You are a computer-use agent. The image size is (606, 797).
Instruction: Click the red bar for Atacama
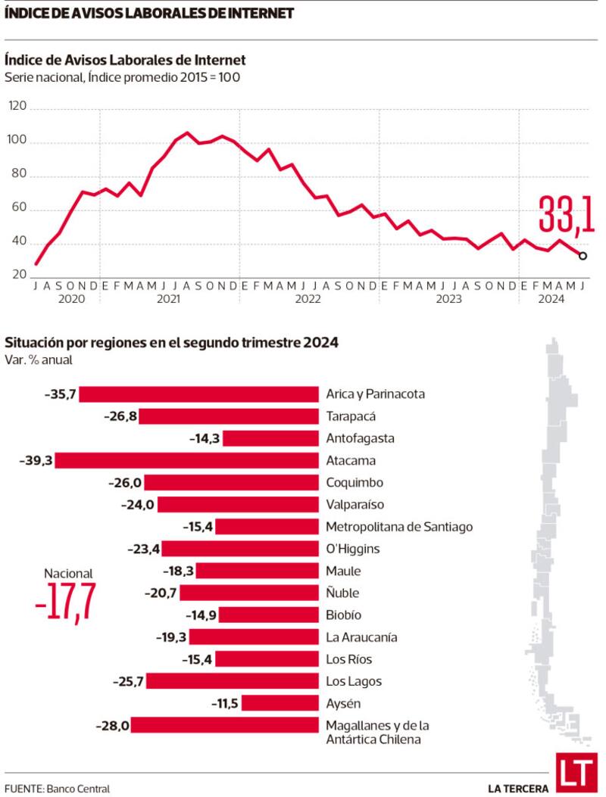click(186, 460)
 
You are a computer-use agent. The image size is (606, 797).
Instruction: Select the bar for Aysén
click(280, 703)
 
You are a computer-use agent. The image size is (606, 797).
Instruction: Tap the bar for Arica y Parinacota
click(198, 394)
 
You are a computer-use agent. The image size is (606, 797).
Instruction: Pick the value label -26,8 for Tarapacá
click(121, 416)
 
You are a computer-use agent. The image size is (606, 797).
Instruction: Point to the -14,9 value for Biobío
click(201, 615)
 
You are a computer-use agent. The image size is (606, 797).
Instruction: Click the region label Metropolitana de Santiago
click(399, 527)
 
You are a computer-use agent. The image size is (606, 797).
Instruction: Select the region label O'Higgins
click(353, 549)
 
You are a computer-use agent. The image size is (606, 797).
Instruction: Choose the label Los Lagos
click(354, 681)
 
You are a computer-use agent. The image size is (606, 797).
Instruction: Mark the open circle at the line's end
click(583, 256)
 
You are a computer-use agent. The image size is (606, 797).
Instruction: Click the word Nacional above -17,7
click(67, 574)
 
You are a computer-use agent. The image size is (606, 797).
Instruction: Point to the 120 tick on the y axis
click(17, 109)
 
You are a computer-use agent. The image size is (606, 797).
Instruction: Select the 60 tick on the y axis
click(17, 210)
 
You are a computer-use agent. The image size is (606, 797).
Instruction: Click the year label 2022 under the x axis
click(308, 299)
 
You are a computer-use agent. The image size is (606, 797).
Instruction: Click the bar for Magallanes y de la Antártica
click(225, 725)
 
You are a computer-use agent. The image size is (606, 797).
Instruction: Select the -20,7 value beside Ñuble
click(162, 593)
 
